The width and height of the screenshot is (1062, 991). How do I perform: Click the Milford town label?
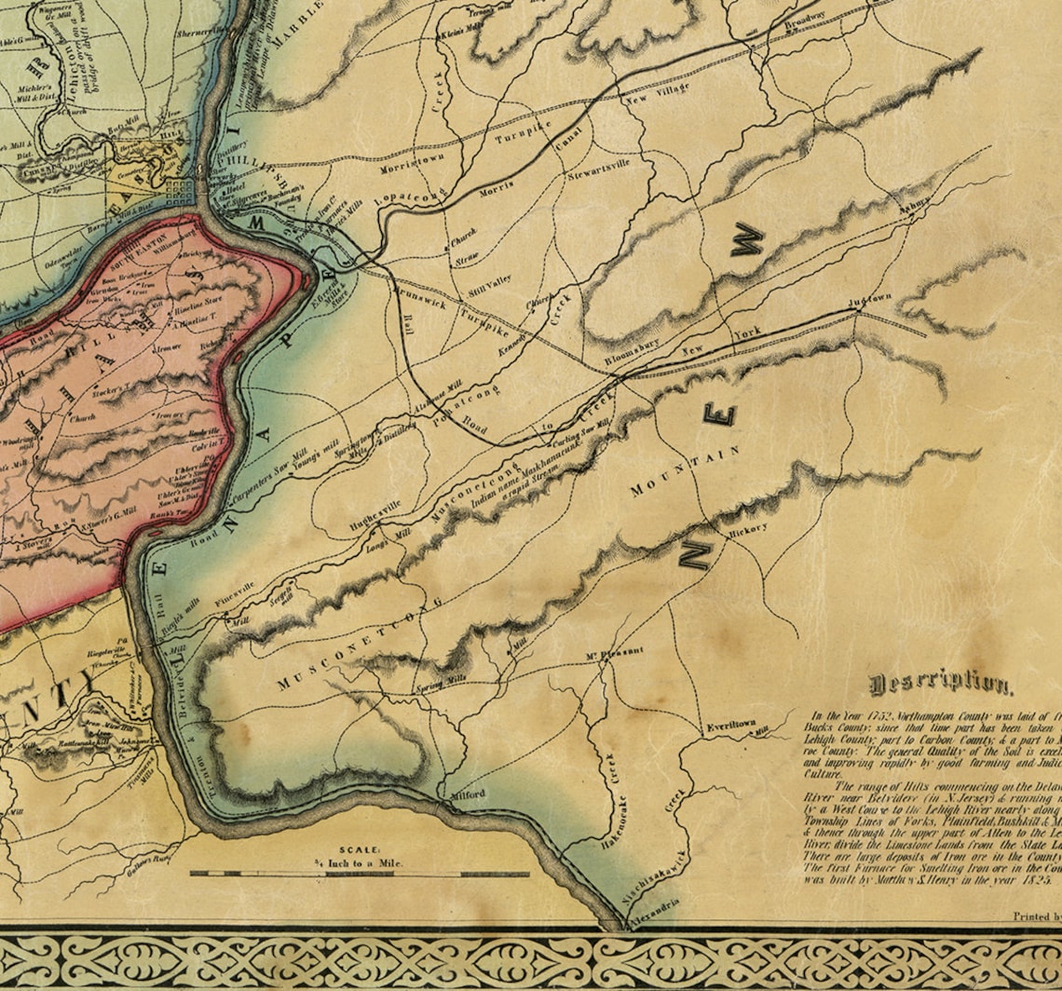468,794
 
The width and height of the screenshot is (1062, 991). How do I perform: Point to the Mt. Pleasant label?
614,652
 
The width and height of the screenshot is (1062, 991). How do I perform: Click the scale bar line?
359,875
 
